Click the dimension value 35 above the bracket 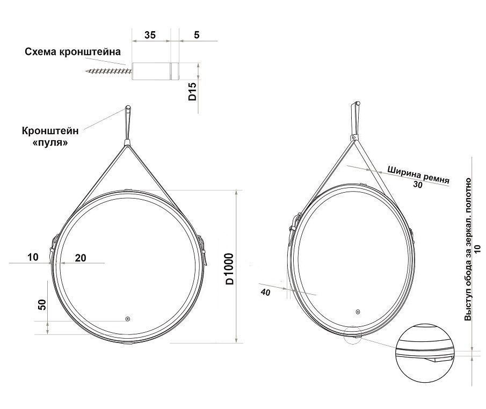[x=150, y=35]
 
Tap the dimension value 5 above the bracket [x=197, y=35]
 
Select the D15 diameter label [x=192, y=91]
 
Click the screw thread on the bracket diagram [x=108, y=71]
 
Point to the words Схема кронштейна [x=73, y=52]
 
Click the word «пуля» [x=50, y=143]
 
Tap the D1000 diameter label [x=229, y=269]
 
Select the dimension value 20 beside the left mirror [x=81, y=258]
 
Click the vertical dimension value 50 [x=42, y=304]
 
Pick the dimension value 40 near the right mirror [x=266, y=292]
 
